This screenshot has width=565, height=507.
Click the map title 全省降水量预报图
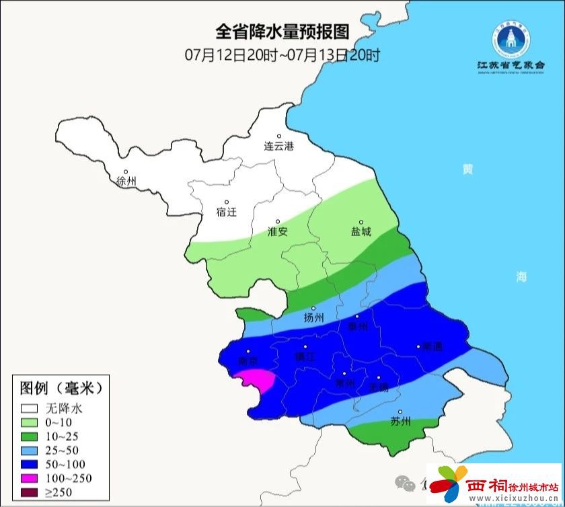click(282, 32)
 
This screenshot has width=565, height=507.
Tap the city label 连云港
click(278, 146)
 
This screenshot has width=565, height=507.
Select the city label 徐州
click(126, 182)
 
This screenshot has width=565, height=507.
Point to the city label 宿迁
click(227, 212)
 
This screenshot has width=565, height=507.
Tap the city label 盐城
click(361, 231)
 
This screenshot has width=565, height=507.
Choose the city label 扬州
click(313, 317)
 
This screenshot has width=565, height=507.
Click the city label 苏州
click(400, 422)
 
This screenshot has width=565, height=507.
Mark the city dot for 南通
click(418, 346)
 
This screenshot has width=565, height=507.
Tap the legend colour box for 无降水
click(29, 408)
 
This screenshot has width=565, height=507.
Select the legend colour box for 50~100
click(29, 464)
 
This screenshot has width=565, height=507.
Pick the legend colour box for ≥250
click(29, 492)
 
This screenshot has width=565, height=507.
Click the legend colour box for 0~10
click(29, 422)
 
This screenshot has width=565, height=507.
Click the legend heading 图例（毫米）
click(61, 388)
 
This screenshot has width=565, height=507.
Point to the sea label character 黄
click(467, 169)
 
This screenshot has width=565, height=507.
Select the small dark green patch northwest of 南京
click(249, 315)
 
